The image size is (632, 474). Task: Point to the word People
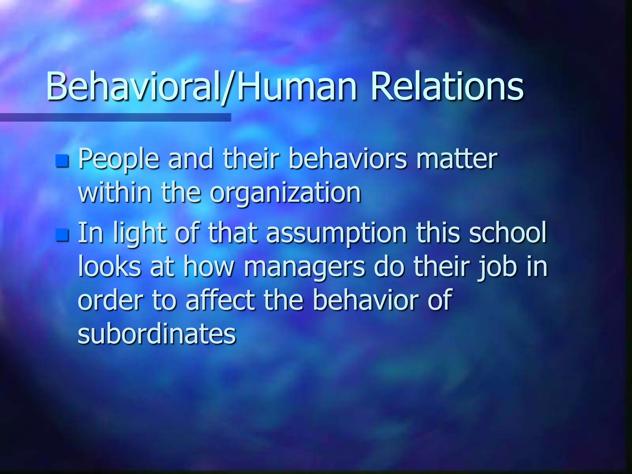point(119,159)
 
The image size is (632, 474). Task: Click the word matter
point(457,159)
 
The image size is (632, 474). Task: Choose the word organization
point(285,193)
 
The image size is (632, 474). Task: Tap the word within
point(115,193)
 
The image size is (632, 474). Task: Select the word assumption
point(336,234)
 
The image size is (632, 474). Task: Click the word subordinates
point(157,334)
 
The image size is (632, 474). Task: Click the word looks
point(110,267)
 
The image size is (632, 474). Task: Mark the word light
point(140,234)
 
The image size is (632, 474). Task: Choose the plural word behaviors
point(347,159)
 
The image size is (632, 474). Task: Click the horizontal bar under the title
point(115,117)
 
